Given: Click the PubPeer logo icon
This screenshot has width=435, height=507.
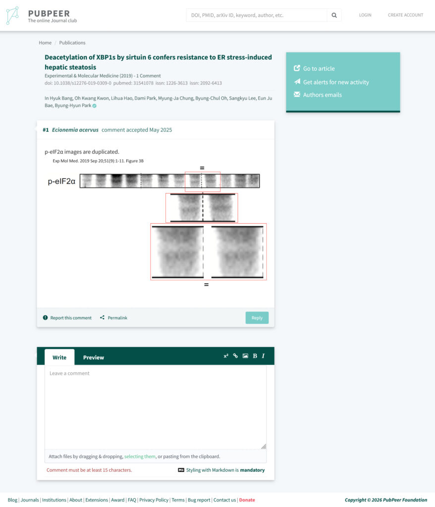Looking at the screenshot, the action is pyautogui.click(x=12, y=15).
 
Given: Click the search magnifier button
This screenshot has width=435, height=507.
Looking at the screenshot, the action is pyautogui.click(x=334, y=15).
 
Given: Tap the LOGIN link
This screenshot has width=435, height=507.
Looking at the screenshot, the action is pyautogui.click(x=365, y=15).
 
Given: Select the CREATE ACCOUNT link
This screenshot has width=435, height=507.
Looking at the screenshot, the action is pyautogui.click(x=405, y=15).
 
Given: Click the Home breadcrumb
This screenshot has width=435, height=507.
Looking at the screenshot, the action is pyautogui.click(x=45, y=43).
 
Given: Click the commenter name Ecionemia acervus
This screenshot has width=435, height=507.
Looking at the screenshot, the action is pyautogui.click(x=75, y=130).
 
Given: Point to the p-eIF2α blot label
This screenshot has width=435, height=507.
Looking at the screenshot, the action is pyautogui.click(x=61, y=181).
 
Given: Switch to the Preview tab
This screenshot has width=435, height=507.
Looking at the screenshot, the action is pyautogui.click(x=94, y=357).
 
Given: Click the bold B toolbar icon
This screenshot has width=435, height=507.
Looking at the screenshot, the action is pyautogui.click(x=255, y=356).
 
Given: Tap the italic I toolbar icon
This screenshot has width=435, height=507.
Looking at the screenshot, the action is pyautogui.click(x=263, y=356).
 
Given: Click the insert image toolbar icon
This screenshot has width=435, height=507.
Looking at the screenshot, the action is pyautogui.click(x=245, y=356).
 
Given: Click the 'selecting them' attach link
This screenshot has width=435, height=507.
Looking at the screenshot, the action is pyautogui.click(x=140, y=456).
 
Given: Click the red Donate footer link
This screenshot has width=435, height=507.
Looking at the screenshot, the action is pyautogui.click(x=247, y=500).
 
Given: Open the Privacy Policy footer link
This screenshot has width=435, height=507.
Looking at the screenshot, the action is pyautogui.click(x=154, y=500).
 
